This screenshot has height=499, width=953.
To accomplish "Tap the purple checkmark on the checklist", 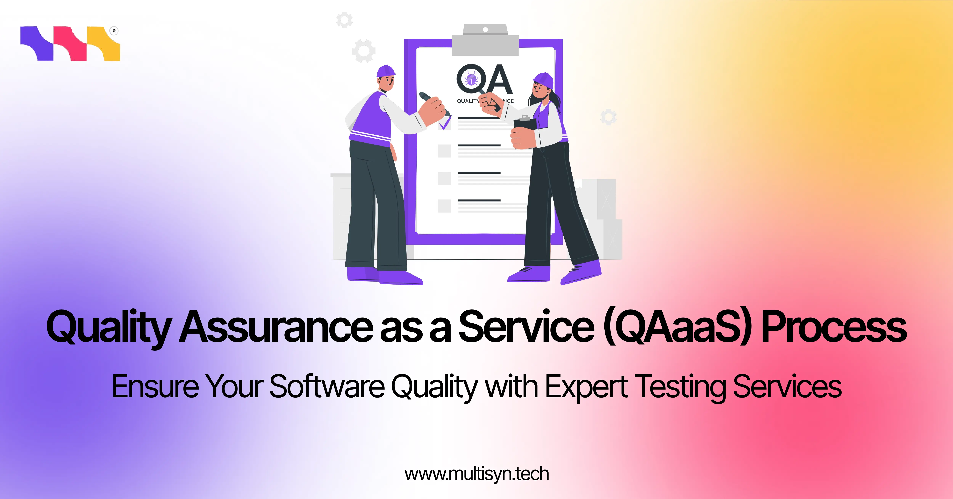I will click(x=445, y=123).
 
